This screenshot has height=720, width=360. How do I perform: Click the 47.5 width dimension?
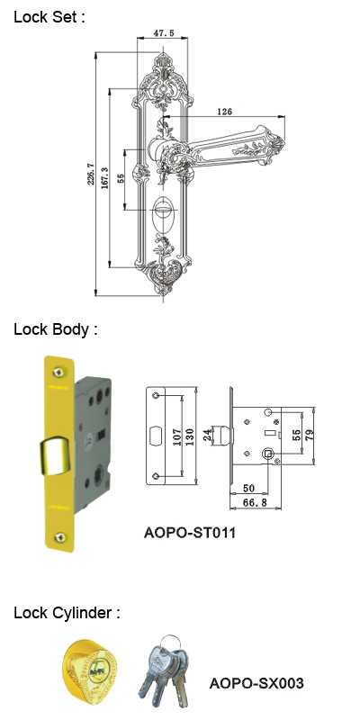pyautogui.click(x=162, y=33)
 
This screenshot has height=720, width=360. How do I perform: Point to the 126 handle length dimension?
pyautogui.click(x=224, y=111)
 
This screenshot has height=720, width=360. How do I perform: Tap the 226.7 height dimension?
pyautogui.click(x=90, y=174)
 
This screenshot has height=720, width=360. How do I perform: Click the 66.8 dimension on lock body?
pyautogui.click(x=255, y=503)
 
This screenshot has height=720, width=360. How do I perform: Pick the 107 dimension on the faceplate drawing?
pyautogui.click(x=176, y=435)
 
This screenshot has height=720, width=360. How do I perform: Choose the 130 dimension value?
pyautogui.click(x=190, y=436)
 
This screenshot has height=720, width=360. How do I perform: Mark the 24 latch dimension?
pyautogui.click(x=208, y=435)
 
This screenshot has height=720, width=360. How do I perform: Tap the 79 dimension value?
pyautogui.click(x=310, y=435)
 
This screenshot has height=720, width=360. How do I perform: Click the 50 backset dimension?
pyautogui.click(x=248, y=488)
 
